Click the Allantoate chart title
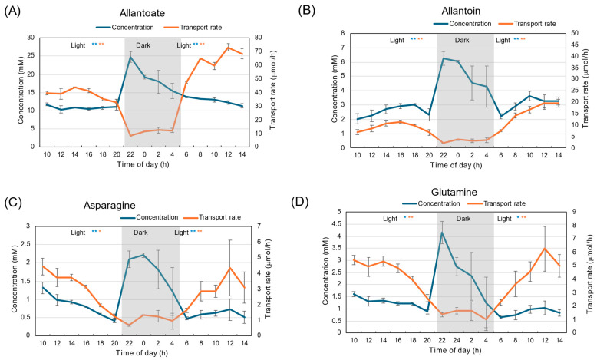pos(142,13)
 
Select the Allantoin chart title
pos(460,10)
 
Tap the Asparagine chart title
pos(109,206)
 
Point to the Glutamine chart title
pos(454,192)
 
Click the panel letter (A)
pos(12,11)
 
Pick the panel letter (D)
pos(299,203)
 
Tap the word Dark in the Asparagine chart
pos(140,233)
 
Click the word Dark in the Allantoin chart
pos(462,40)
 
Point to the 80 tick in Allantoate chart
pos(258,38)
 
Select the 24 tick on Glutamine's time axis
pos(457,340)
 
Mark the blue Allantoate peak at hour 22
pos(130,57)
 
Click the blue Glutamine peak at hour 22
pos(442,232)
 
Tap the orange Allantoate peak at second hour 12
pos(229,48)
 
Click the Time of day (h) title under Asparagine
pos(142,353)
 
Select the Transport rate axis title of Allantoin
pos(585,91)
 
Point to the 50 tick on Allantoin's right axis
pos(575,33)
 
